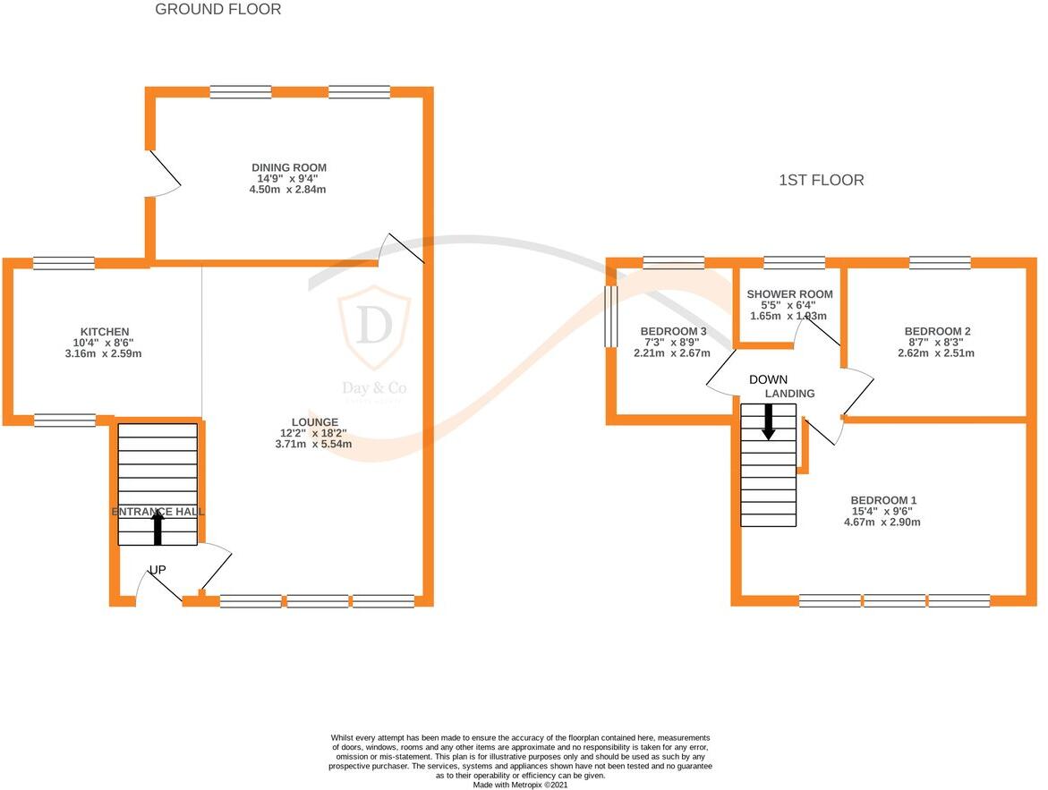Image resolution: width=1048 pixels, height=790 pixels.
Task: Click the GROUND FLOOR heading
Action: click(217, 10)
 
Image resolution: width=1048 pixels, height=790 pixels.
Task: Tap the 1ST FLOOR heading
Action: click(821, 181)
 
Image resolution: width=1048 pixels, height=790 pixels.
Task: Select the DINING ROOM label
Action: click(288, 167)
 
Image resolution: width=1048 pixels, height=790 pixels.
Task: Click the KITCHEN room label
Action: click(105, 332)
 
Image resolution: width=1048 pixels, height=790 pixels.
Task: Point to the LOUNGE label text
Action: click(314, 422)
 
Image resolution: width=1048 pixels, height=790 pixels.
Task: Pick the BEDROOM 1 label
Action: click(883, 500)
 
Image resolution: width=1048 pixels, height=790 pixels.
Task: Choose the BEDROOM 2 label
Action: click(937, 331)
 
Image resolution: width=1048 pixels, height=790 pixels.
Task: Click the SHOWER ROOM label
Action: click(789, 294)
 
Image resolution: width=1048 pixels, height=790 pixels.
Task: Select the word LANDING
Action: click(789, 394)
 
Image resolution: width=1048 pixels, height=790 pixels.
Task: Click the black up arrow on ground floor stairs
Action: click(158, 527)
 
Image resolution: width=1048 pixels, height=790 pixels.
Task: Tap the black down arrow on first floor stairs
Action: click(768, 421)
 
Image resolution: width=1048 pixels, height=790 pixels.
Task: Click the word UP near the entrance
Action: click(158, 570)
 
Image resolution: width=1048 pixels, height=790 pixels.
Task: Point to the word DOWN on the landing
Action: click(769, 378)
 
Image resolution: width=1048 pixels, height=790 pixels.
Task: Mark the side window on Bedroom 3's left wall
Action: click(612, 317)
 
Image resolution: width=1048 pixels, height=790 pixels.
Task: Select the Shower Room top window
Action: click(794, 262)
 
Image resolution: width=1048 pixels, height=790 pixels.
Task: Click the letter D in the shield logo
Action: click(373, 327)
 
